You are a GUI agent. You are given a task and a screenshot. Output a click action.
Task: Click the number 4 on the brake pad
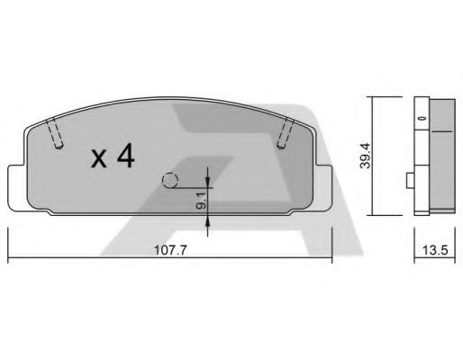[124, 157]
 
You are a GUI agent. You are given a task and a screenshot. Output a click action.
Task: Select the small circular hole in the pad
[170, 180]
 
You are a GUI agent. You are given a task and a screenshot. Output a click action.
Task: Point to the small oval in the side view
[419, 118]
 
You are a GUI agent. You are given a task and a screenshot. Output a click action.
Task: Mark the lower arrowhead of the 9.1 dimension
[208, 221]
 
